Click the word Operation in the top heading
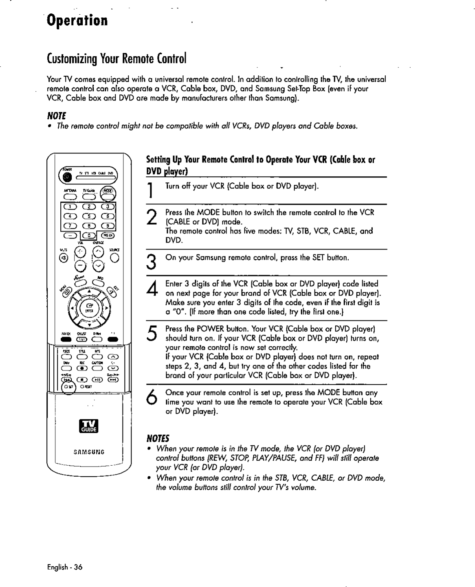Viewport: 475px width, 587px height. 77,20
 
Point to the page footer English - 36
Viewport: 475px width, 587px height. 65,567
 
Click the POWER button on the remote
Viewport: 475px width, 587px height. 68,177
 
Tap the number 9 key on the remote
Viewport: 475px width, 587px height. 108,226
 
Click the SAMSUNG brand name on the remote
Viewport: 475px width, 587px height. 89,452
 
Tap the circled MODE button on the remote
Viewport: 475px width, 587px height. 108,191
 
